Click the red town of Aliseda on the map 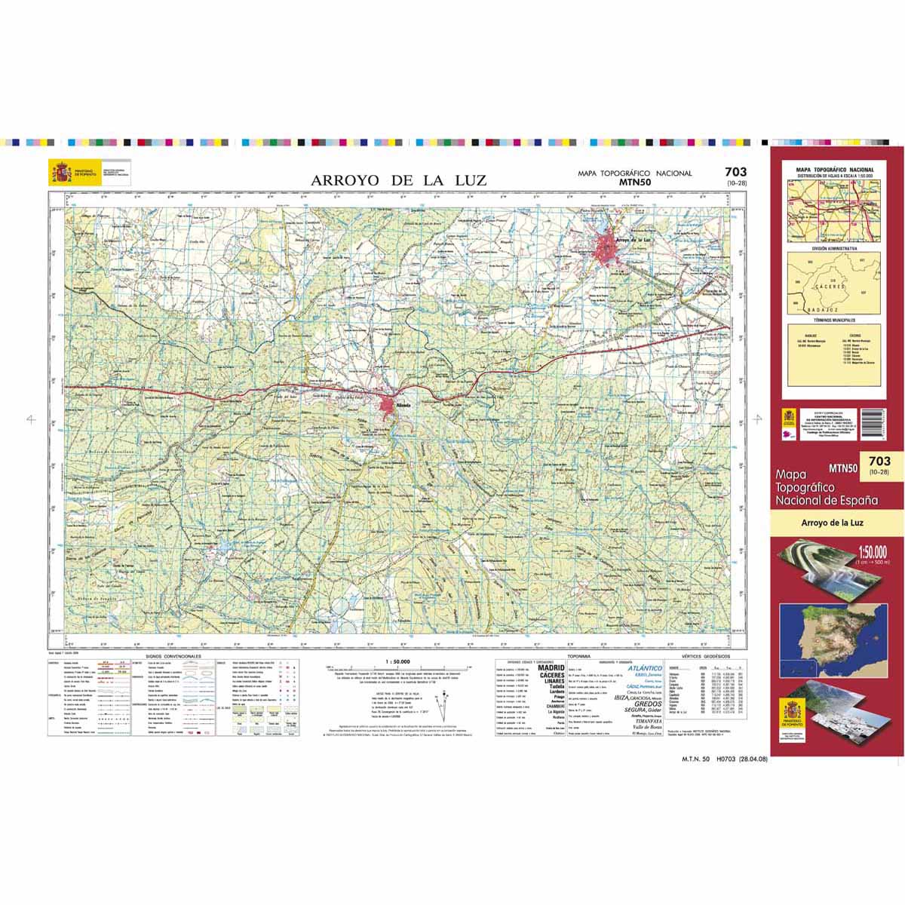tap(391, 408)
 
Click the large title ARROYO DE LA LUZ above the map tap(399, 180)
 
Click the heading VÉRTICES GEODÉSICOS tap(713, 658)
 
